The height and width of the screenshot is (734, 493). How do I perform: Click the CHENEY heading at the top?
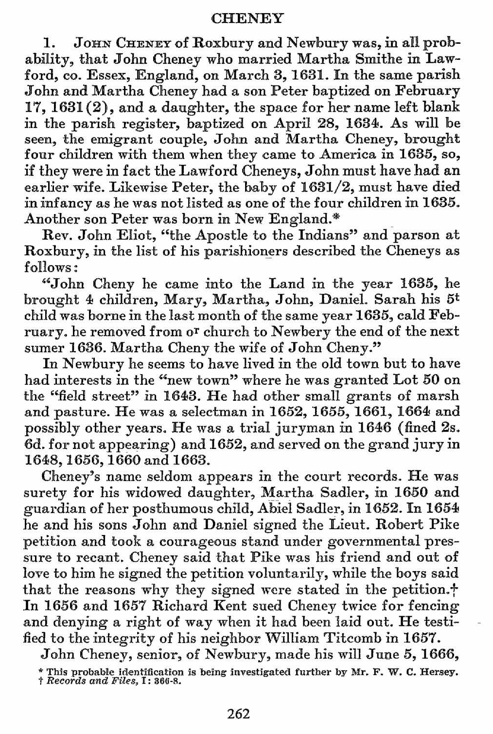(x=247, y=18)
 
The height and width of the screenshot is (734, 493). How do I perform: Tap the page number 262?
(x=239, y=714)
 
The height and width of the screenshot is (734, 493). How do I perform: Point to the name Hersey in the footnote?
(x=440, y=672)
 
